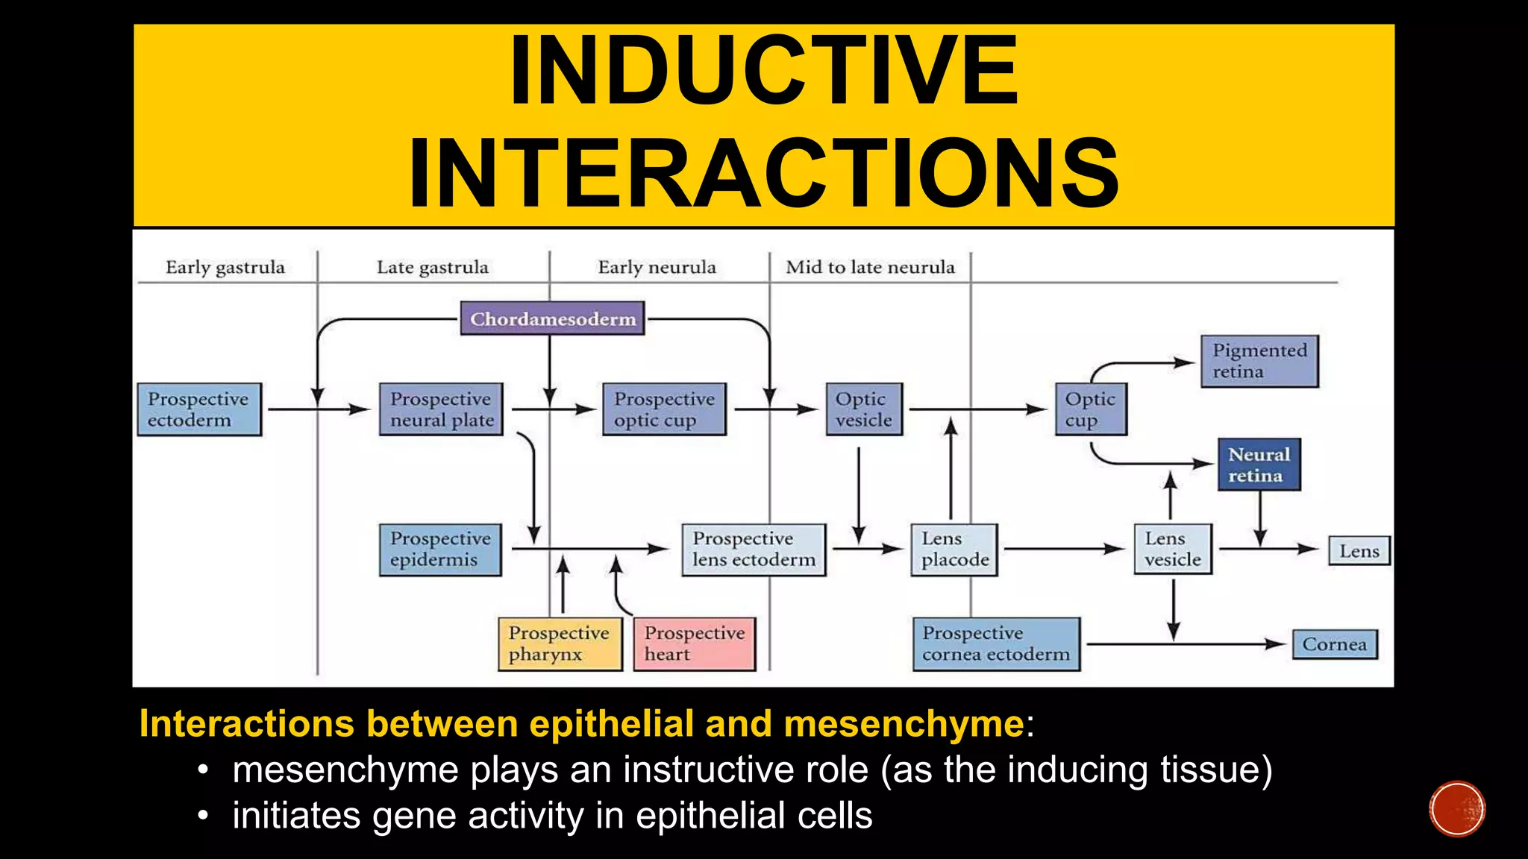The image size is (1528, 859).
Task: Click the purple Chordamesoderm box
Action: [x=552, y=318]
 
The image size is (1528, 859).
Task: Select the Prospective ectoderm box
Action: [x=199, y=409]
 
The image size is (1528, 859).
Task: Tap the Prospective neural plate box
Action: [x=441, y=409]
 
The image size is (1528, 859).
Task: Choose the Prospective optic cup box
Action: [x=664, y=409]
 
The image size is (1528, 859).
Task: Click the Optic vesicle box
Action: [x=864, y=409]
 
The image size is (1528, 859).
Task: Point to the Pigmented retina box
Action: [x=1259, y=362]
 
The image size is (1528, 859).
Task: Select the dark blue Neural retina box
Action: [x=1259, y=465]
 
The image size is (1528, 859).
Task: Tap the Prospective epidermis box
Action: [x=440, y=550]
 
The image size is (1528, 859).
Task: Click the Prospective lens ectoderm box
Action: [x=754, y=550]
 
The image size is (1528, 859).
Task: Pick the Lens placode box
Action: [x=954, y=550]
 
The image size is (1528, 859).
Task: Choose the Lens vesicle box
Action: [x=1173, y=550]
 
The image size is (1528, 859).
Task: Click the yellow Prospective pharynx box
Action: [x=560, y=644]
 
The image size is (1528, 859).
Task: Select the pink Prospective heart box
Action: [x=695, y=644]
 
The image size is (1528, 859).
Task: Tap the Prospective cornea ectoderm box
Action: [x=996, y=644]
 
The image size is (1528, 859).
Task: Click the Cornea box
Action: [x=1335, y=644]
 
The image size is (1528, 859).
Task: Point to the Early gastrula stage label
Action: [x=225, y=267]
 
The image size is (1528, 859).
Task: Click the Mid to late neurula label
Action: [x=870, y=267]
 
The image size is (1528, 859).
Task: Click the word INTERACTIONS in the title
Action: [x=763, y=173]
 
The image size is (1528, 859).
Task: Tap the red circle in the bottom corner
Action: [x=1457, y=809]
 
